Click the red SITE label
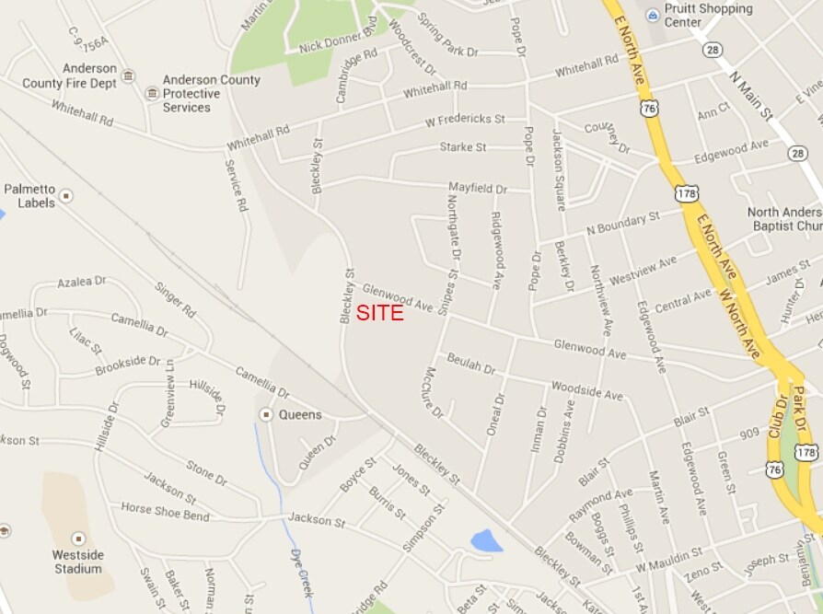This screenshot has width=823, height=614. pos(379,314)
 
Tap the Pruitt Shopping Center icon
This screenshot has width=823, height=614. pos(653,15)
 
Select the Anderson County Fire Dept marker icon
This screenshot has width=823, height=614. pos(128,75)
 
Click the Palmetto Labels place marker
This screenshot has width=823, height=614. pos(66,196)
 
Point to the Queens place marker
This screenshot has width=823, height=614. pos(266,415)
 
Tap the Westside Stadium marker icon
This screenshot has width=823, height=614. pos(77,538)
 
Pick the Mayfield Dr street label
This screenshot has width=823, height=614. pos(477,189)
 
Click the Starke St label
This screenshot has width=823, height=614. pos(463,146)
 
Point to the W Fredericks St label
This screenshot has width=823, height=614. pos(465,120)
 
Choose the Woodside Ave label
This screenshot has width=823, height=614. pos(586,390)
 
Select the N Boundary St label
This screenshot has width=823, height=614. pos(623,222)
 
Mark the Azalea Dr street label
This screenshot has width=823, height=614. pos(82,282)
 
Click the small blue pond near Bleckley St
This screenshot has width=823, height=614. pos(486,541)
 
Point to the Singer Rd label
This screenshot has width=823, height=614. pos(175,300)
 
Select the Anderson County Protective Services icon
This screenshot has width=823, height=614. pos(152,93)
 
